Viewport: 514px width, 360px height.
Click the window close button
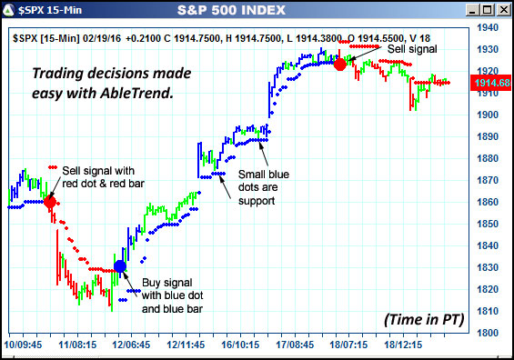click(x=501, y=10)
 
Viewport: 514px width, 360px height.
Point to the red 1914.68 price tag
click(x=490, y=83)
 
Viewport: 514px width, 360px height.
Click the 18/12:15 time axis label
click(x=404, y=346)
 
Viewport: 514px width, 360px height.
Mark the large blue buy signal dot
click(x=120, y=265)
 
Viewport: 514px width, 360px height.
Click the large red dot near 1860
click(x=49, y=202)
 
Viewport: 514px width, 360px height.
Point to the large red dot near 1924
click(x=340, y=64)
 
